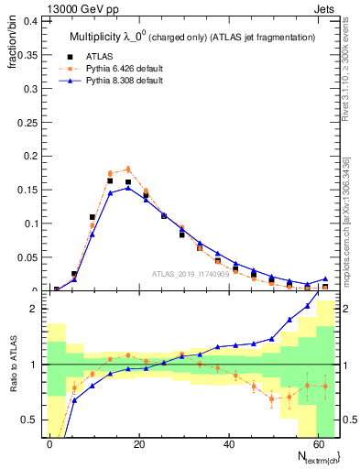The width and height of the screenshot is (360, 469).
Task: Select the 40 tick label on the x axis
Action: coord(229,443)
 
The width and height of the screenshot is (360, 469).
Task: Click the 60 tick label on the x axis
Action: coord(319,443)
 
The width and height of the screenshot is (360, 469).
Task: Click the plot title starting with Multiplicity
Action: coord(192,38)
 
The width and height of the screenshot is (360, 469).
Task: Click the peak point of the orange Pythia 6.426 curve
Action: coord(128,169)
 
